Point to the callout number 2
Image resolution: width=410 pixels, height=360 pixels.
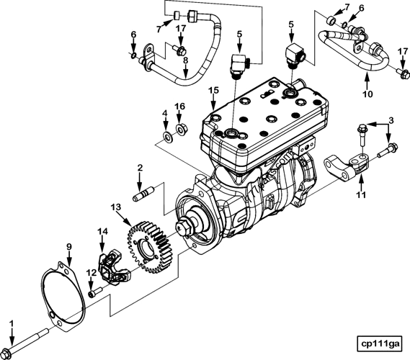point(141,168)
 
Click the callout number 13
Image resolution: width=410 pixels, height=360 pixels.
point(115,207)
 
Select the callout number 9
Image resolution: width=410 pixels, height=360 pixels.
point(70,247)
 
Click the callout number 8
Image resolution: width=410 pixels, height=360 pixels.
point(185,61)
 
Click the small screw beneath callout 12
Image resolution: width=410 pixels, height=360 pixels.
point(93,293)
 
